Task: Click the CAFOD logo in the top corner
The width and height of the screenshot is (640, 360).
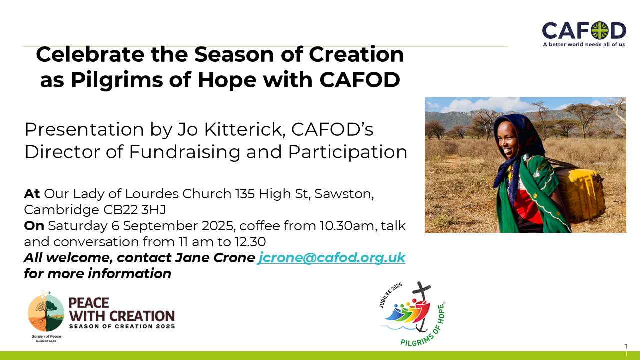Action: tap(584, 34)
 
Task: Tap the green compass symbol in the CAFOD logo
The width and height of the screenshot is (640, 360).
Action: tap(600, 30)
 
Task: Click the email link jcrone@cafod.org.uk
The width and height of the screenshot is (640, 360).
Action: tap(331, 258)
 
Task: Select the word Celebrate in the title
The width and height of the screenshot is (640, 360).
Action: tap(90, 54)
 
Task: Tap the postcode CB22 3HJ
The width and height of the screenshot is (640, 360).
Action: tap(135, 210)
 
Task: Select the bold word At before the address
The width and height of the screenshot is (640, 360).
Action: tap(32, 194)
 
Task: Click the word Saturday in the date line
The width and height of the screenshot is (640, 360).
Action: tap(77, 226)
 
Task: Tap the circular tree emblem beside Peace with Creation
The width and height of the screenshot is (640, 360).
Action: tap(46, 312)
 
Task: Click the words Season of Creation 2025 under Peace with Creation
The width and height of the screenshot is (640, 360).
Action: tap(122, 326)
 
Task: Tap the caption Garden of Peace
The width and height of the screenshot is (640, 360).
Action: tap(46, 336)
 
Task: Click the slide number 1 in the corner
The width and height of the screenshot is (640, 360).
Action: tap(626, 347)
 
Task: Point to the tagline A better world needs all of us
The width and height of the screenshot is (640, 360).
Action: tap(584, 44)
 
